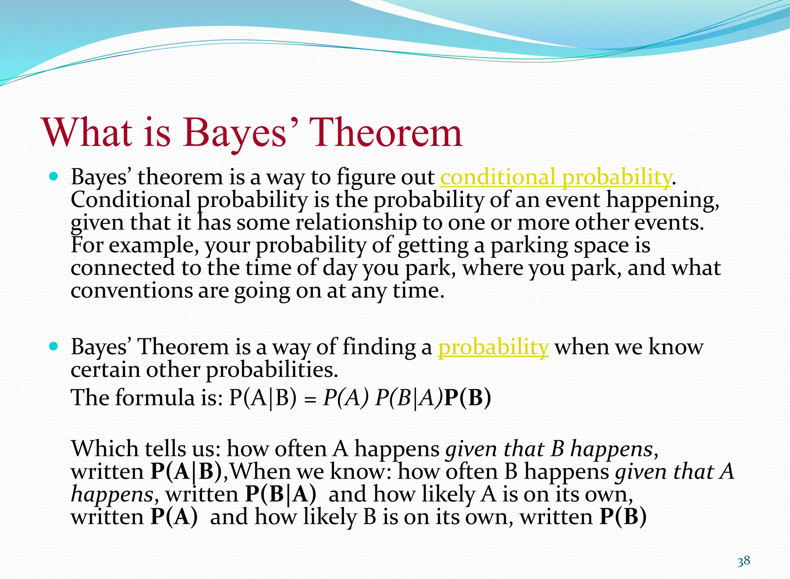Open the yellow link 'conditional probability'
coord(555,178)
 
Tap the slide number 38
coord(744,561)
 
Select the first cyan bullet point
coord(54,177)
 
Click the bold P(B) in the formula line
coord(468,398)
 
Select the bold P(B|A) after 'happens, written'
coord(280,494)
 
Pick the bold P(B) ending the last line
coord(623,517)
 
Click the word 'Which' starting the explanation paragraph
coord(105,449)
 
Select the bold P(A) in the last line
coord(174,517)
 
